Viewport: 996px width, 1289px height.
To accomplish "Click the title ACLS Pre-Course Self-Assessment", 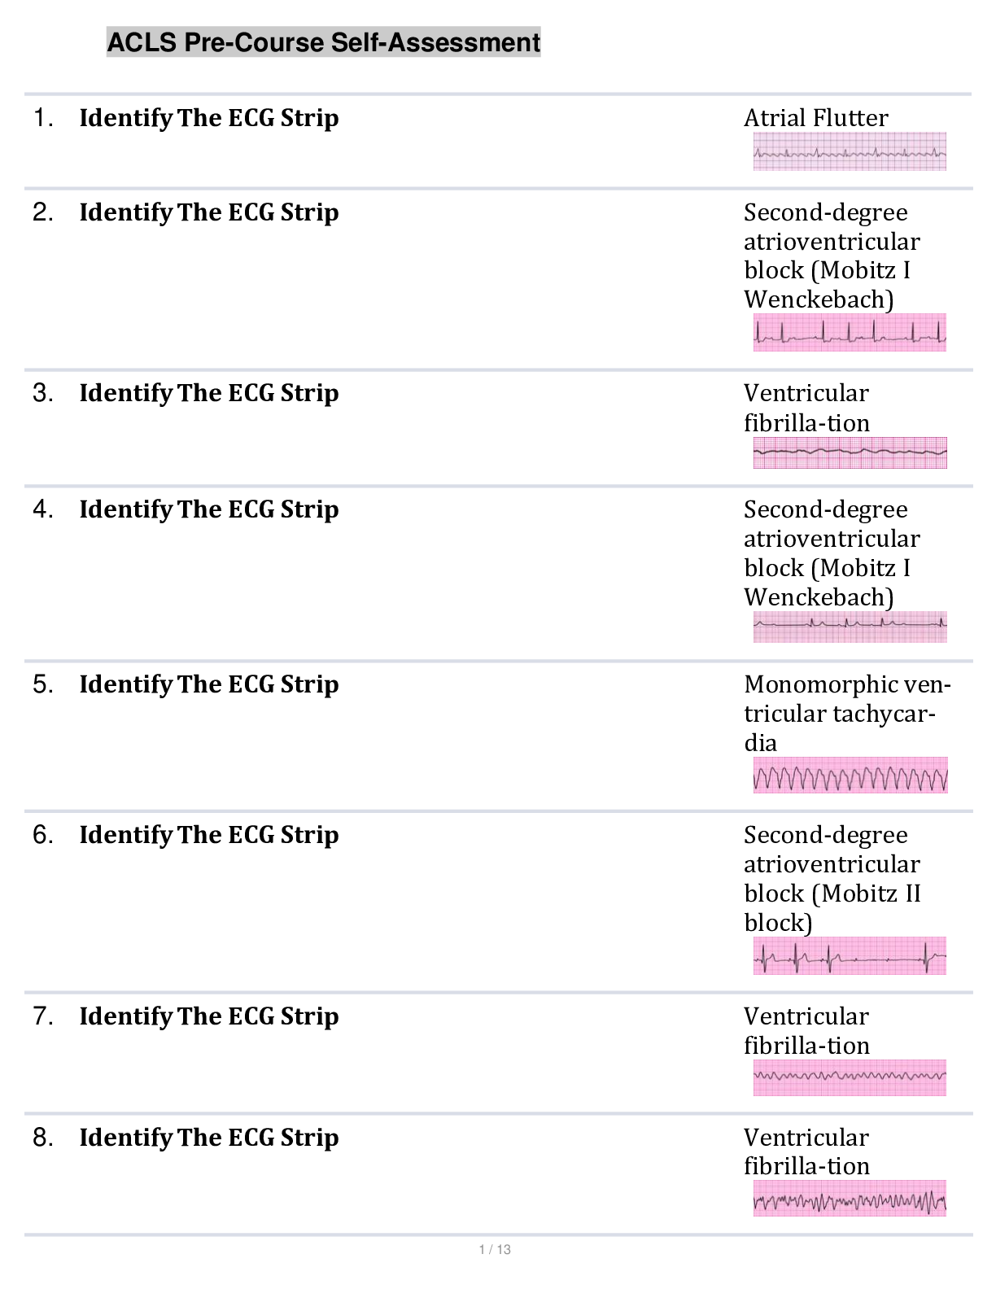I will (323, 42).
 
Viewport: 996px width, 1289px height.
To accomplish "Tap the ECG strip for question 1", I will (850, 152).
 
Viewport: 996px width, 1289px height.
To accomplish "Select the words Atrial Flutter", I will (815, 118).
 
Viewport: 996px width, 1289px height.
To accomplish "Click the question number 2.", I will (43, 212).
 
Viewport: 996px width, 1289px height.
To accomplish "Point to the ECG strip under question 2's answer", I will (850, 333).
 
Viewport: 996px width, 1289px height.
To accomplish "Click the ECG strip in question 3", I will (850, 452).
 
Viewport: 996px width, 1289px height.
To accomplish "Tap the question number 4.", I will (43, 509).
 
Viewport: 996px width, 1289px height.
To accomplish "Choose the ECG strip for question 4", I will (850, 627).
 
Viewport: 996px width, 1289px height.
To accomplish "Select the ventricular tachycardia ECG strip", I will (850, 776).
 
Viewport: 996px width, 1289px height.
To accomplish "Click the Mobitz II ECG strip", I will (850, 956).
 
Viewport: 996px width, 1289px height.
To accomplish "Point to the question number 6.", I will (43, 835).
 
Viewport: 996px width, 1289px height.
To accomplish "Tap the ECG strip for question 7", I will (850, 1077).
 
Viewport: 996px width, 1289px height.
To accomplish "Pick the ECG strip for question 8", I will (850, 1199).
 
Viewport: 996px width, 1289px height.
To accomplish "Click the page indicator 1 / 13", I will (495, 1250).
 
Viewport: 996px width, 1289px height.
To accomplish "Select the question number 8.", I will (43, 1138).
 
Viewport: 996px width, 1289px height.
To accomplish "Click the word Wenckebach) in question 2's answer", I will (819, 300).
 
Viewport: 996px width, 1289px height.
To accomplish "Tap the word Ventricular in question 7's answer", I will (806, 1016).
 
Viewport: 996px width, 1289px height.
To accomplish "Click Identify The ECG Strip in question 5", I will (208, 684).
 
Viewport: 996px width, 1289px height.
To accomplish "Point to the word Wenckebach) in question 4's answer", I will (819, 598).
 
